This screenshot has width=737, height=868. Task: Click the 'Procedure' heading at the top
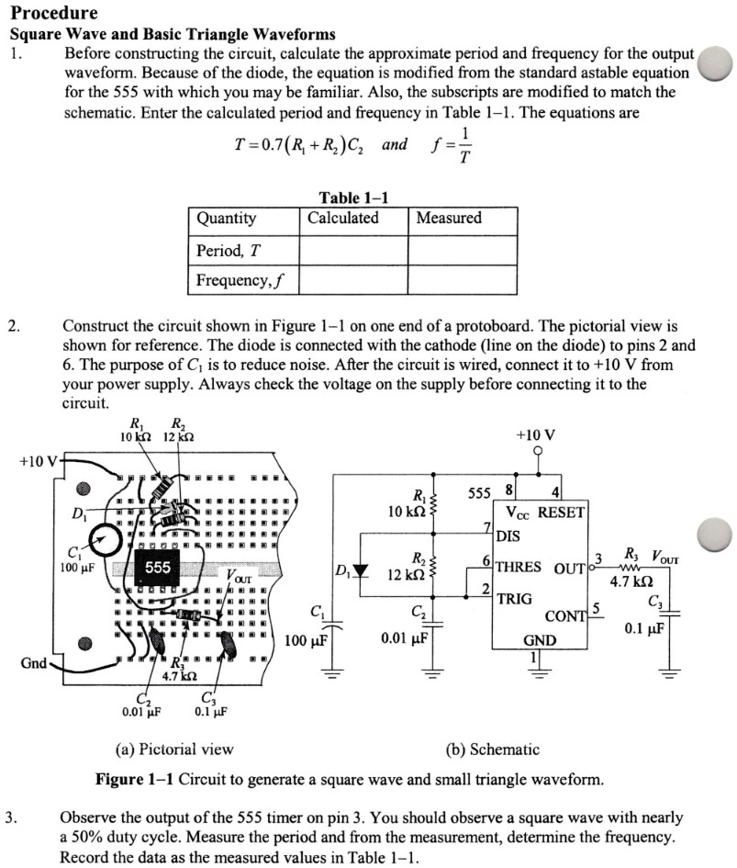click(53, 14)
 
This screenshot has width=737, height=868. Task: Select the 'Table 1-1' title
click(353, 197)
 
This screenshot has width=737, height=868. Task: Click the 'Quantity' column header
click(226, 219)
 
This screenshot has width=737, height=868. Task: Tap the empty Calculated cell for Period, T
click(352, 250)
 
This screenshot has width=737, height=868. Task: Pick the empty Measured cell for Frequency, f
click(462, 279)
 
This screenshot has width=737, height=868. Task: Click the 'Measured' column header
click(449, 219)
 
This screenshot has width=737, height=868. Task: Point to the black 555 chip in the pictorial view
click(157, 568)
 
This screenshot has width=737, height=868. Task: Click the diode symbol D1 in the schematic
click(361, 571)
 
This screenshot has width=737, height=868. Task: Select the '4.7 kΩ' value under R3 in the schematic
click(631, 581)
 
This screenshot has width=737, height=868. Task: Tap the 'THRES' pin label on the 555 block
click(519, 567)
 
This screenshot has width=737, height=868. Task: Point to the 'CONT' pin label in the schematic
click(565, 615)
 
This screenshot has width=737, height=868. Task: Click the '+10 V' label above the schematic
click(537, 434)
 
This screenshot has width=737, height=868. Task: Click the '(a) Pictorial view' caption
click(173, 750)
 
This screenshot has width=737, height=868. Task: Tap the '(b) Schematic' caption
click(492, 750)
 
